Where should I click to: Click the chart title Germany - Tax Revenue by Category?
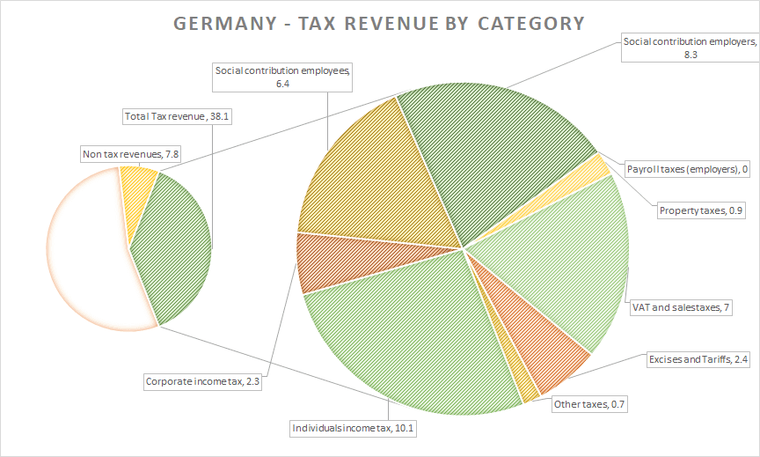379,23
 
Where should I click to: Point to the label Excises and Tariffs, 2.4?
698,359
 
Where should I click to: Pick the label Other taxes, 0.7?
592,404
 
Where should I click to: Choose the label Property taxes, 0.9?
700,210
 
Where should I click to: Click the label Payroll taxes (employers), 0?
687,169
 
